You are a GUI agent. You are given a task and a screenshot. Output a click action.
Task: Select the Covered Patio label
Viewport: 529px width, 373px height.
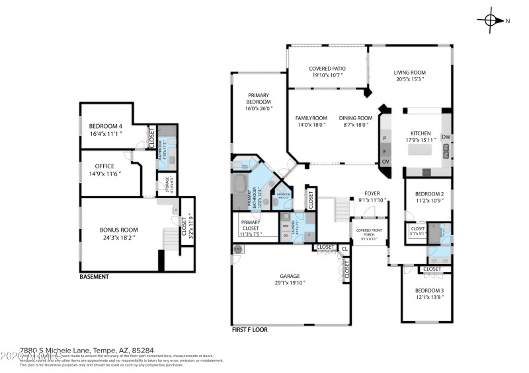[327, 69]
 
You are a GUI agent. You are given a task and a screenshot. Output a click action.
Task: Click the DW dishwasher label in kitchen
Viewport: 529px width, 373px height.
[446, 137]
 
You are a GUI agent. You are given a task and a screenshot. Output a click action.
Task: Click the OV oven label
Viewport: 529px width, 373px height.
[385, 162]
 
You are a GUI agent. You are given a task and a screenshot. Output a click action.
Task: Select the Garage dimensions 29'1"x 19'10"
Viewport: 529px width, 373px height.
[290, 283]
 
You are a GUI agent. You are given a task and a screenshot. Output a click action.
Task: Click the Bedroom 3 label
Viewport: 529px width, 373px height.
[428, 291]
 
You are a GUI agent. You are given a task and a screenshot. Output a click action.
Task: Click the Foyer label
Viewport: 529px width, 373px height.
[372, 193]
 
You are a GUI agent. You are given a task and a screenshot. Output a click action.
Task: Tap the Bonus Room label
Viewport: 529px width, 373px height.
[119, 230]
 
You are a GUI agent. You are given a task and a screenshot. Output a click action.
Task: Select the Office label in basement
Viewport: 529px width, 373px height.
[104, 166]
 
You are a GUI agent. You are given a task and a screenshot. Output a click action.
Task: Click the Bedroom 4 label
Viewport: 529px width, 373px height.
[106, 126]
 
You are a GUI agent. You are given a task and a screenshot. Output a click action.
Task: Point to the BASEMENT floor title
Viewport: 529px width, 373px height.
[94, 277]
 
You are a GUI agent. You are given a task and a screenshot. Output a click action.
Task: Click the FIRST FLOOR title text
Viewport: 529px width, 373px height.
[249, 329]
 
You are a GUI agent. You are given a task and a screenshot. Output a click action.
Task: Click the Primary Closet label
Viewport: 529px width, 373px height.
[251, 223]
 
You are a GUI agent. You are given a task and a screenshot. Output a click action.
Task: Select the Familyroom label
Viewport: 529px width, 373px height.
[311, 118]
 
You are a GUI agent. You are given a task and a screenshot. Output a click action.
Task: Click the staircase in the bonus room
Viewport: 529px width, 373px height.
[171, 237]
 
